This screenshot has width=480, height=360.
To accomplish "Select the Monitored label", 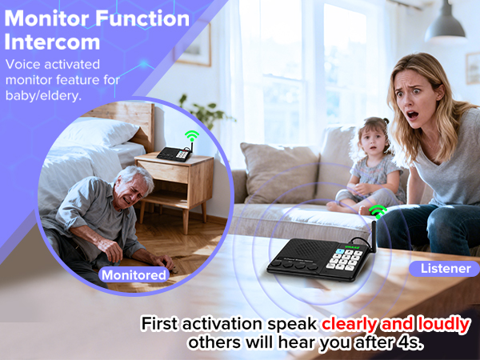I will coord(134,276).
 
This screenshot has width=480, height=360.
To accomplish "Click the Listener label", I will coord(445,269).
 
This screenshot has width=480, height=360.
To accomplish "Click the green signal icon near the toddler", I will coord(378,211).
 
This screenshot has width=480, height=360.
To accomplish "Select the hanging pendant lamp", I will coord(446,28).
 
